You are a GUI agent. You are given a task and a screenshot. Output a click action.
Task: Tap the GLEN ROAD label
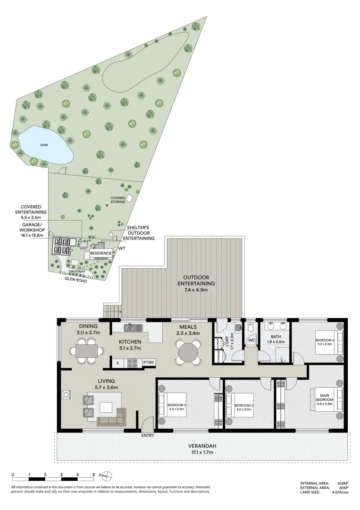tap(76, 279)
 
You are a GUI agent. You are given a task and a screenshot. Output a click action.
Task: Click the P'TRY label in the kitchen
tap(149, 363)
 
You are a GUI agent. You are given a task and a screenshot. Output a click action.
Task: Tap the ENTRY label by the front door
tap(148, 435)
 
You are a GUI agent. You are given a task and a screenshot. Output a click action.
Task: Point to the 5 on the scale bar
tap(93, 474)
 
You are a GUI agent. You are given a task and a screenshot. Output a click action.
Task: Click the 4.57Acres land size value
tap(340, 493)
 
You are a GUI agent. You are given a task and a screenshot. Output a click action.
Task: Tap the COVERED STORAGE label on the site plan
tap(117, 200)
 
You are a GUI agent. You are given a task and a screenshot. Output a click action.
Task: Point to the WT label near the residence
tap(122, 248)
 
